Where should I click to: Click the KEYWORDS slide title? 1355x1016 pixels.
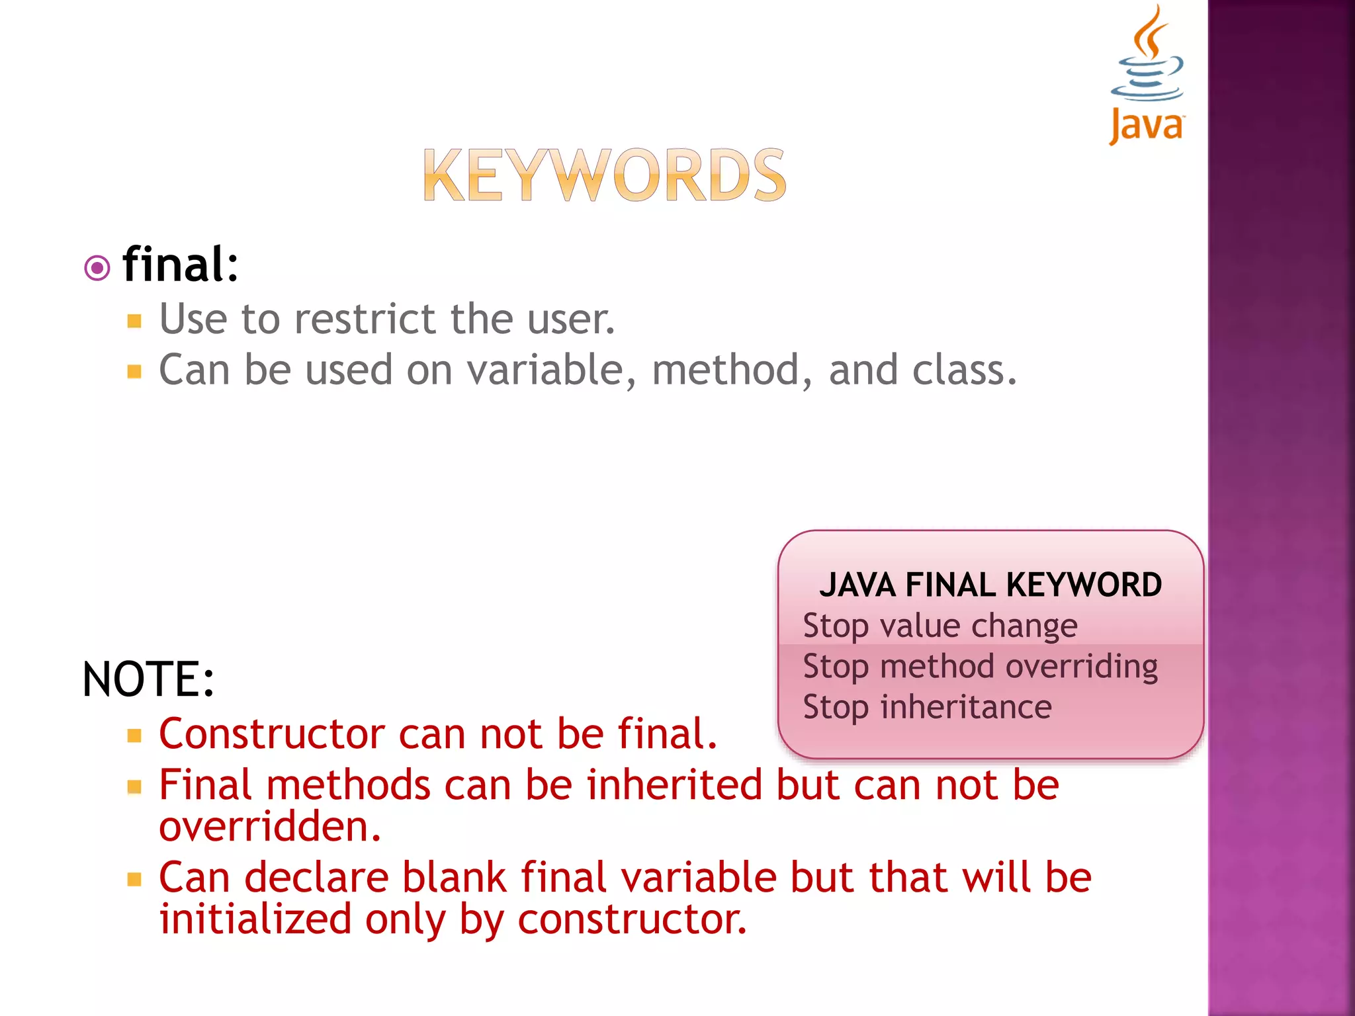(604, 175)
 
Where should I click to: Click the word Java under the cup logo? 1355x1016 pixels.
(1147, 126)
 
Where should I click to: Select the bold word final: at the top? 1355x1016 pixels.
(180, 265)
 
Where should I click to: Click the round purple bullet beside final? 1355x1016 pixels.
(97, 269)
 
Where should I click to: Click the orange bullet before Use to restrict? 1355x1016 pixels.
(135, 321)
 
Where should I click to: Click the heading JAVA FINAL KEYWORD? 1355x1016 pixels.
(990, 585)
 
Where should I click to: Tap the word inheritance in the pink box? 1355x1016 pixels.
(966, 706)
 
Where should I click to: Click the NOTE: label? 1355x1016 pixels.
(148, 679)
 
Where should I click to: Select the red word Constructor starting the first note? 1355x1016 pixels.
(272, 734)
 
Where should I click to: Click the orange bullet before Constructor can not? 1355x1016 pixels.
(135, 736)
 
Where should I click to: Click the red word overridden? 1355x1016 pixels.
(270, 827)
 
